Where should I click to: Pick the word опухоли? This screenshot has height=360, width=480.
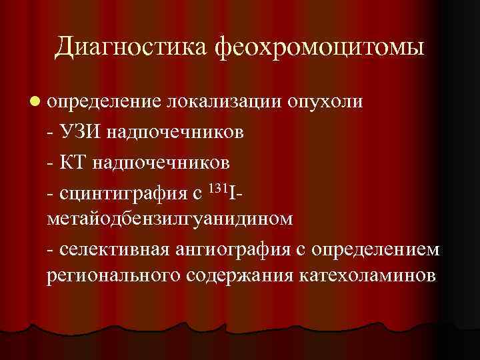[325, 101]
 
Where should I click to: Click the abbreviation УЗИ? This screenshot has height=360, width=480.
[83, 131]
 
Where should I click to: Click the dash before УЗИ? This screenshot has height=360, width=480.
[52, 131]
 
